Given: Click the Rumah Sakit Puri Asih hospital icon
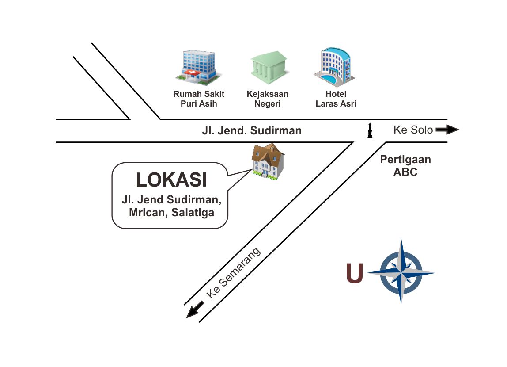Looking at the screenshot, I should (x=198, y=67).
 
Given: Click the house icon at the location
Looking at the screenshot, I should (x=268, y=162).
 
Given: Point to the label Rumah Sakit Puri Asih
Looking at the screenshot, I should (x=199, y=99).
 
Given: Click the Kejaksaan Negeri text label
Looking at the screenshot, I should (x=268, y=99).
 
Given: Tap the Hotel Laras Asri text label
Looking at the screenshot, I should (x=336, y=99).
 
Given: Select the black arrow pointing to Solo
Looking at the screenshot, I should (x=447, y=130).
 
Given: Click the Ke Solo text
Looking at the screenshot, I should (x=413, y=130).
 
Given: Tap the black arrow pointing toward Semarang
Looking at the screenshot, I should (x=195, y=309).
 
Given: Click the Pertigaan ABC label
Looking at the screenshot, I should (x=405, y=166).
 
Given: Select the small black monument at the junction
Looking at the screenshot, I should (x=370, y=130).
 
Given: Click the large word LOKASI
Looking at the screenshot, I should (x=171, y=180).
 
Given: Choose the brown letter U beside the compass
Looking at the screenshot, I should (x=355, y=273).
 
